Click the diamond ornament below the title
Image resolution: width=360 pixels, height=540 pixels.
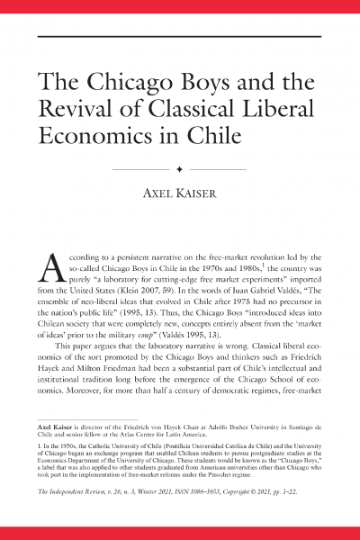pyautogui.click(x=180, y=168)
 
